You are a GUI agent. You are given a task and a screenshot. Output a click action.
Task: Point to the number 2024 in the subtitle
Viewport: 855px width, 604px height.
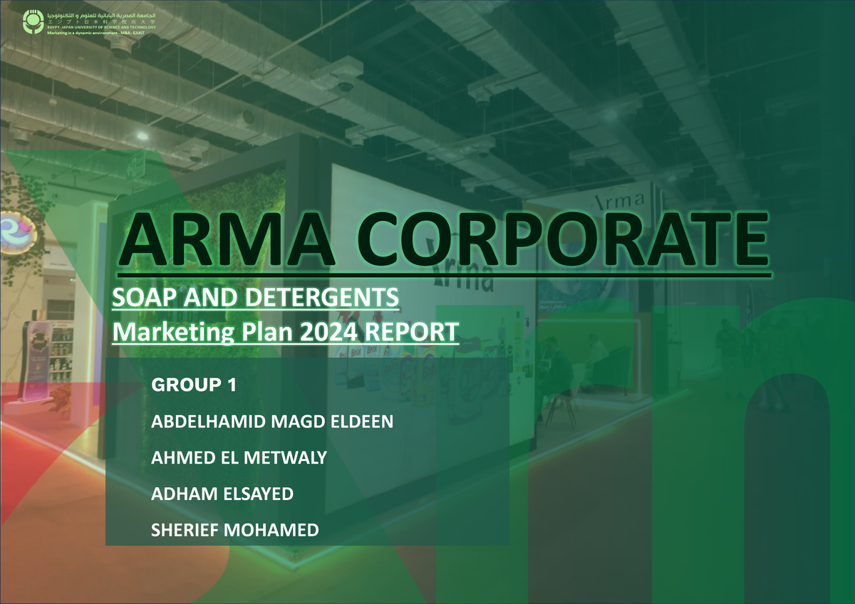click(x=342, y=332)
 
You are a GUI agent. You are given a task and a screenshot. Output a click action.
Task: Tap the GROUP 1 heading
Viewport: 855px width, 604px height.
click(x=194, y=385)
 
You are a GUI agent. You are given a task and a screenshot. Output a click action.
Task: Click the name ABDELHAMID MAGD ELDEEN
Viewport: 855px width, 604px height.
click(x=272, y=422)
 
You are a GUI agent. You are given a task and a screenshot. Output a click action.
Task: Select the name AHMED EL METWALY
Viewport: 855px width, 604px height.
click(x=239, y=458)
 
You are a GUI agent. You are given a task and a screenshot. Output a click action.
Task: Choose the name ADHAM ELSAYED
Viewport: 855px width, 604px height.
click(x=222, y=494)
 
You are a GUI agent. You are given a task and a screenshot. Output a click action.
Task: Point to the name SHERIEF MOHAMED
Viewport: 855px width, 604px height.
click(x=235, y=530)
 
